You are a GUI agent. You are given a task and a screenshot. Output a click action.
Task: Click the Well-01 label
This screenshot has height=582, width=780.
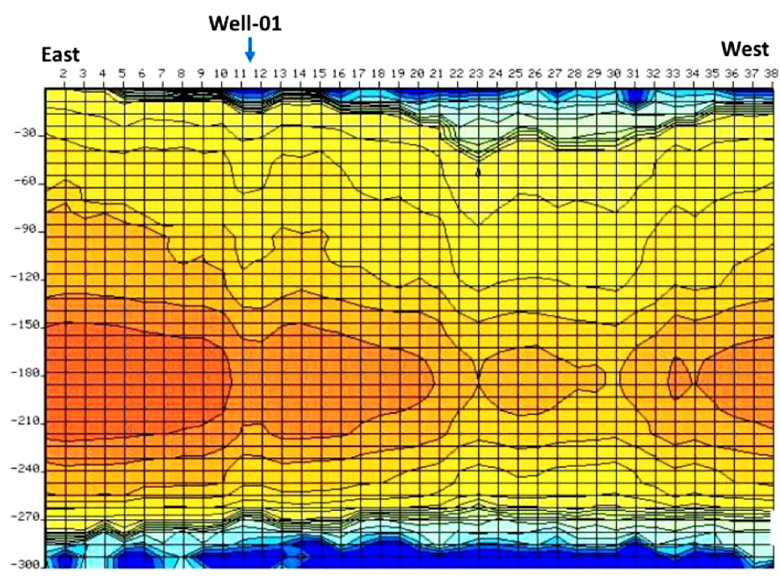245,23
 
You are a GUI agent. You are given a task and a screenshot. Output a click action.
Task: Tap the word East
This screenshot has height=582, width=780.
61,55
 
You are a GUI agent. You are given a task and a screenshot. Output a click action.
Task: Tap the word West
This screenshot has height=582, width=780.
745,49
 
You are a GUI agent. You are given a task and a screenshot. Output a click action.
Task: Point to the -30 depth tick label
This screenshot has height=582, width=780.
24,134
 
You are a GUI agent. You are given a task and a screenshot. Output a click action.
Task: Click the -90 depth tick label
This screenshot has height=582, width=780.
24,229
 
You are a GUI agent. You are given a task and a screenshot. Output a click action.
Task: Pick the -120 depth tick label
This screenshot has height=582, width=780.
22,277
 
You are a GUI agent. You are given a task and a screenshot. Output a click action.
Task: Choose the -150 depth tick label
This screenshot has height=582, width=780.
22,325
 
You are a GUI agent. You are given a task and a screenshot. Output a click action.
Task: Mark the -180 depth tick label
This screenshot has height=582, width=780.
22,374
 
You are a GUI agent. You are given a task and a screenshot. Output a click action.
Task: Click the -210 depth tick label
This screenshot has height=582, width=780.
22,421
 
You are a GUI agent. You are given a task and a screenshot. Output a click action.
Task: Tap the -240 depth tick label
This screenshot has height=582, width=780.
22,470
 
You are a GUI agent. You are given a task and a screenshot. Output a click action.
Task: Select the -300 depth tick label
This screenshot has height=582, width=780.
22,565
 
